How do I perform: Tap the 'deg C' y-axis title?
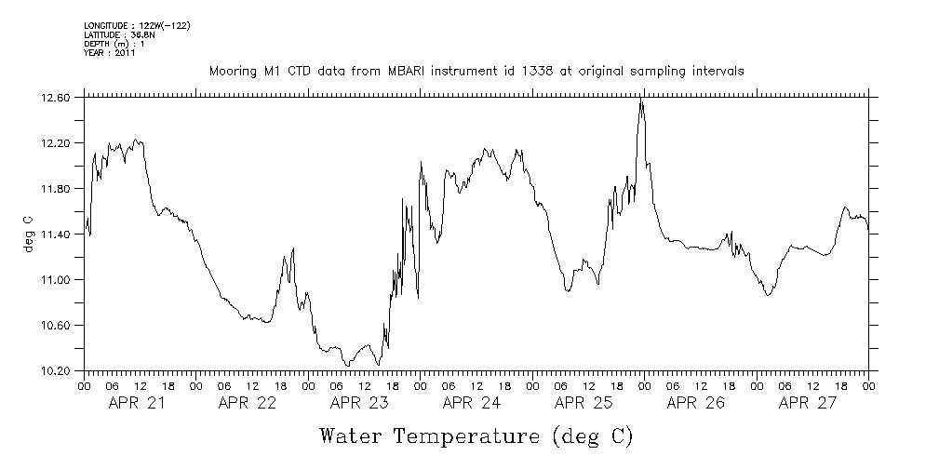click(28, 234)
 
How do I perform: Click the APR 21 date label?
click(137, 403)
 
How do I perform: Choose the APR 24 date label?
click(472, 403)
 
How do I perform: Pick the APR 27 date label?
click(808, 403)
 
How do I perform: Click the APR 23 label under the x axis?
click(360, 403)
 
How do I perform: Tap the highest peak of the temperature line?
click(641, 99)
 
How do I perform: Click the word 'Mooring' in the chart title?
click(233, 72)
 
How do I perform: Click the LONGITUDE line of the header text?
click(137, 25)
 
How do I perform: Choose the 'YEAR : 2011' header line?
click(110, 53)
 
